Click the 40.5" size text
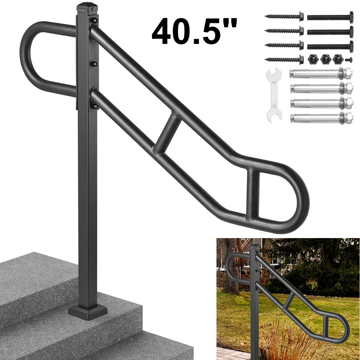(194, 31)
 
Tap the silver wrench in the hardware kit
(274, 94)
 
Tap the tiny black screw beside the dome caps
(349, 60)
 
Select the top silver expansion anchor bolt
(321, 74)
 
